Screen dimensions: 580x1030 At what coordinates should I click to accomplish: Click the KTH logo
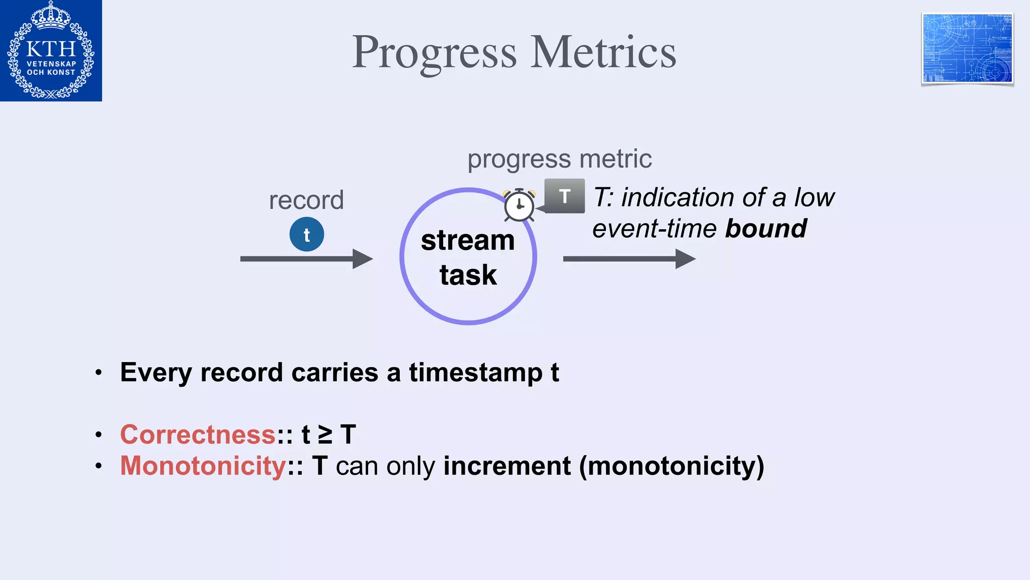(51, 50)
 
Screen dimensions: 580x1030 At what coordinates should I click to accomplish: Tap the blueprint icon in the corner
(967, 49)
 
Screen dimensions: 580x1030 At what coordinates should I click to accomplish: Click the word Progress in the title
(434, 52)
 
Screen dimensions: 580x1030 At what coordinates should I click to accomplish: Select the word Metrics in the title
(603, 52)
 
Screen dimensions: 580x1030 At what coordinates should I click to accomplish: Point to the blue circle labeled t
(306, 235)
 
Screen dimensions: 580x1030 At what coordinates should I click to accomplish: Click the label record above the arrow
(306, 200)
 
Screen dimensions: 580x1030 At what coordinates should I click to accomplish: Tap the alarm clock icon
(519, 205)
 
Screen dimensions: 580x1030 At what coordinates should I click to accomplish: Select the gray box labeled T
(565, 196)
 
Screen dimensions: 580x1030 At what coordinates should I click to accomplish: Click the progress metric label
(559, 159)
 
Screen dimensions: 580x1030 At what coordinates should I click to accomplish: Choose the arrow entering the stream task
(306, 259)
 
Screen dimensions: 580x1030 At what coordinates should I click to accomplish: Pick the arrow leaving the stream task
(629, 259)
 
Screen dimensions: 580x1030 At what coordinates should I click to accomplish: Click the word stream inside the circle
(468, 240)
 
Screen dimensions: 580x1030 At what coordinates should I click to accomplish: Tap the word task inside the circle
(468, 275)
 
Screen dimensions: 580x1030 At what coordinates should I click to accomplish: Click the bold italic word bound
(766, 229)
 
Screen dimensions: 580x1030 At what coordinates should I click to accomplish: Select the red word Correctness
(198, 434)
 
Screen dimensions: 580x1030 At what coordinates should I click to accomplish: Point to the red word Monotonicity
(203, 466)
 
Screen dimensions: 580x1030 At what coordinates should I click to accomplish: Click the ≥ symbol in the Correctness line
(325, 434)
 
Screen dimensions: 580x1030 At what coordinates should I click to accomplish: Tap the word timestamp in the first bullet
(475, 373)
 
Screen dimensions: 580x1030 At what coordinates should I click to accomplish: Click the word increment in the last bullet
(507, 466)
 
